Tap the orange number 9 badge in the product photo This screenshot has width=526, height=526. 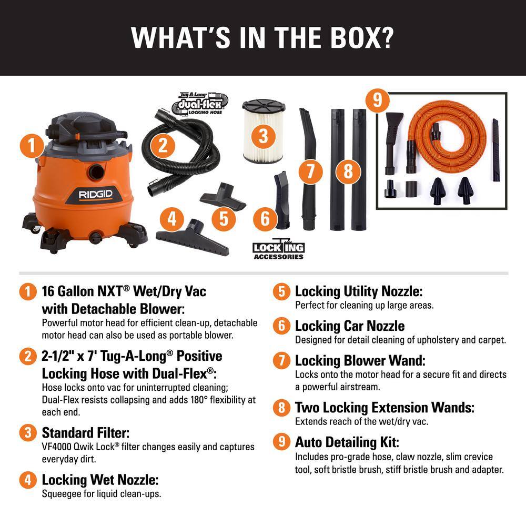(377, 100)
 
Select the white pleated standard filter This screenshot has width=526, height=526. (264, 131)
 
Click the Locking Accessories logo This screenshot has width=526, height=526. (279, 250)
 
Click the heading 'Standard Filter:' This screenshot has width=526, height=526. (85, 433)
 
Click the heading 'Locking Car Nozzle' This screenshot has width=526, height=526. (350, 326)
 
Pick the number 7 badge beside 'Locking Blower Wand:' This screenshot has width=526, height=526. (281, 361)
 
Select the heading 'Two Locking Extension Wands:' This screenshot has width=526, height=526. (385, 407)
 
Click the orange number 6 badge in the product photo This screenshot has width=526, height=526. (265, 218)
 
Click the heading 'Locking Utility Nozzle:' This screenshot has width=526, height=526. (359, 291)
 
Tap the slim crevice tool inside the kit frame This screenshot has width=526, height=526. (495, 150)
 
